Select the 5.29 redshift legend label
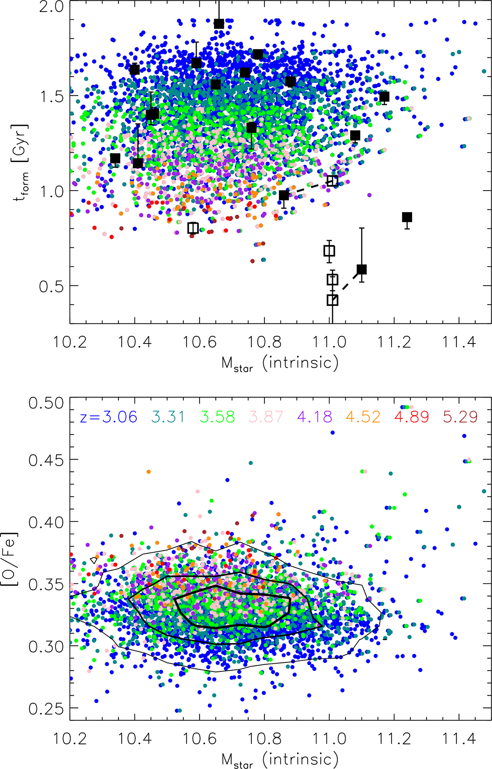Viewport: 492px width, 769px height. [x=460, y=417]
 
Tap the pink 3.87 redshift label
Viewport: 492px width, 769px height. [x=266, y=417]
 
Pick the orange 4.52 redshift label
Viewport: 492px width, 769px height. [x=363, y=417]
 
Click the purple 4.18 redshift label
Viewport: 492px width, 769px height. [x=315, y=417]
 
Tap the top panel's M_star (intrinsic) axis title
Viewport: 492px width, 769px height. [x=280, y=363]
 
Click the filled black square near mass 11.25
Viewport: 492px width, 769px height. [x=407, y=217]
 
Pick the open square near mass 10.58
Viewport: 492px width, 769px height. [x=193, y=228]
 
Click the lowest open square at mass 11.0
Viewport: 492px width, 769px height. [x=333, y=300]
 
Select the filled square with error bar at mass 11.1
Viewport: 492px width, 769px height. [x=362, y=269]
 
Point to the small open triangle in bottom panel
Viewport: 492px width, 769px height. [x=94, y=560]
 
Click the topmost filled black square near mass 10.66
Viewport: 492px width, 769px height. [x=219, y=24]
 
